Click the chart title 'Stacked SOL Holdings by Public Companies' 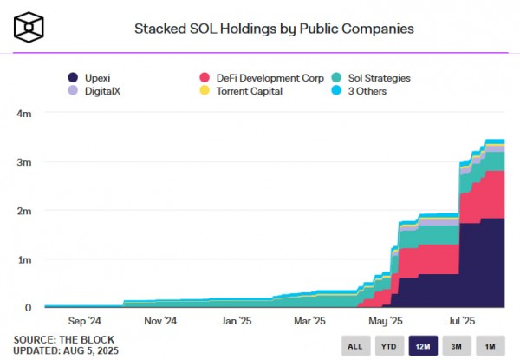point(273,29)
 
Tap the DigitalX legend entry point(98,90)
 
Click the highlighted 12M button point(423,346)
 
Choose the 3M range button point(457,346)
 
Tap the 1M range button point(491,346)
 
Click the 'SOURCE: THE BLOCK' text point(59,338)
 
